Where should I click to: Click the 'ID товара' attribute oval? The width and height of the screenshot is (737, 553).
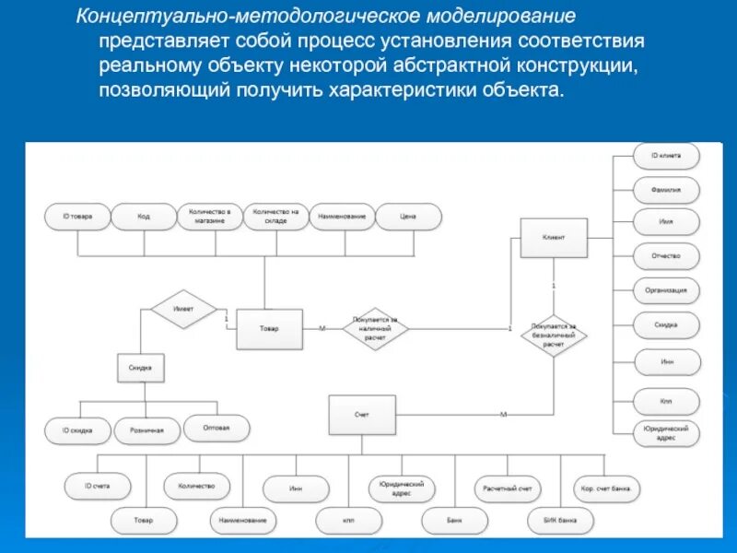(x=77, y=217)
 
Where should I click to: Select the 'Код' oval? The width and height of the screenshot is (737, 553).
(x=144, y=217)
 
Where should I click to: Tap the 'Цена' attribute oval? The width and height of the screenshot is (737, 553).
(x=408, y=217)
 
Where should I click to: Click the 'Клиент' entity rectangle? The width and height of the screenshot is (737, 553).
(x=554, y=237)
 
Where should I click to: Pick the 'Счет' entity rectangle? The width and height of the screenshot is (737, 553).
(x=362, y=415)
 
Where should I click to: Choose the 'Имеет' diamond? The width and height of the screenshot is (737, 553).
(x=183, y=310)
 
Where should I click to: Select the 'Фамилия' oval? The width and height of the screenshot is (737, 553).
(x=666, y=190)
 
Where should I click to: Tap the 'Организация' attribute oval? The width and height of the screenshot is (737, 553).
(x=666, y=290)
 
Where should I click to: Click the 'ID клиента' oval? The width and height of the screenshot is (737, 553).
(x=666, y=156)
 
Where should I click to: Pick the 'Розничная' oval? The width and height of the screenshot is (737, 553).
(x=146, y=430)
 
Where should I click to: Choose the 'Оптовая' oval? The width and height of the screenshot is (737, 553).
(x=216, y=428)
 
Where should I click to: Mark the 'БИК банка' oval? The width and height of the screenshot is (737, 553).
(x=561, y=521)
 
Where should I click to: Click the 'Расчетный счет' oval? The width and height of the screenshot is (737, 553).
(x=507, y=488)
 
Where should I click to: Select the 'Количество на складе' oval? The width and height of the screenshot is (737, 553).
(x=275, y=217)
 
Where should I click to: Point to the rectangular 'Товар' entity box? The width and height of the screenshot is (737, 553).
(x=268, y=329)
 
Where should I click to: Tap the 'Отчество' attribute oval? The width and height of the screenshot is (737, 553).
(x=666, y=256)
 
